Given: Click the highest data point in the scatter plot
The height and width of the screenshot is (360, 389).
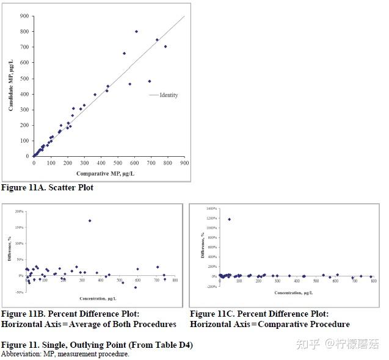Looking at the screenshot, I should pyautogui.click(x=136, y=31).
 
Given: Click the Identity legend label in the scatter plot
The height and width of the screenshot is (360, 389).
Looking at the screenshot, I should pyautogui.click(x=169, y=95).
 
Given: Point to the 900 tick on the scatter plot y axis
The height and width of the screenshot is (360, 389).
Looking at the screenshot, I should pyautogui.click(x=23, y=16).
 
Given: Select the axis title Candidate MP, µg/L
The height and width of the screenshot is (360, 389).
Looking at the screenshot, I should pyautogui.click(x=11, y=85).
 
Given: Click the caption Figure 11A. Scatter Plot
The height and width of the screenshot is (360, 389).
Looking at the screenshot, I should pyautogui.click(x=47, y=187).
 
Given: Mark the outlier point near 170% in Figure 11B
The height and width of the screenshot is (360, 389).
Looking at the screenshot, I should pyautogui.click(x=90, y=221).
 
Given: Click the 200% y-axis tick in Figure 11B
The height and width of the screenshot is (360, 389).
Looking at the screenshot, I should pyautogui.click(x=19, y=211).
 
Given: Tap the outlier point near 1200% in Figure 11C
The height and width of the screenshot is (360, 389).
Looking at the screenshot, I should pyautogui.click(x=229, y=219).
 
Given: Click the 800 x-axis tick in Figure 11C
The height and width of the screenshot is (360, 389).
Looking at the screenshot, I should pyautogui.click(x=373, y=281).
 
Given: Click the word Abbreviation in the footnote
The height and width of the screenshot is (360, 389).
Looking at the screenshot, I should pyautogui.click(x=19, y=354).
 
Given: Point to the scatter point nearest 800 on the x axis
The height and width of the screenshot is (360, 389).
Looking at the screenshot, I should pyautogui.click(x=165, y=46).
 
